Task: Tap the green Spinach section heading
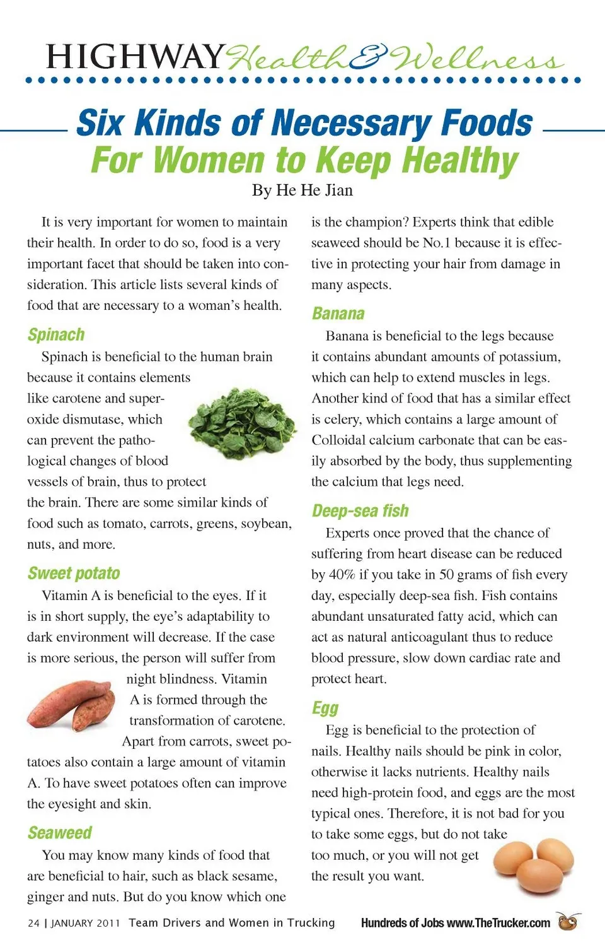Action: [x=56, y=335]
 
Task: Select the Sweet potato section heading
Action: [x=74, y=573]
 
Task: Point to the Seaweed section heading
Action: [x=60, y=833]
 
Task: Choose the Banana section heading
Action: [x=338, y=314]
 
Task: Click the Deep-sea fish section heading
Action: [x=360, y=511]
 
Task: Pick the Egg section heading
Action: [x=325, y=708]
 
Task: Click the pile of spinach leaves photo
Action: [x=243, y=423]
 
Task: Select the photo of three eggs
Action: [x=534, y=864]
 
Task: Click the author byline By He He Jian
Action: [x=302, y=191]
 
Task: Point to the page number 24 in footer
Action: [x=33, y=924]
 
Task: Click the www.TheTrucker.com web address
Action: [x=498, y=924]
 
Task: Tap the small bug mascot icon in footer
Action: [x=568, y=922]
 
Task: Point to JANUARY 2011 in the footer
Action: [x=85, y=924]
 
